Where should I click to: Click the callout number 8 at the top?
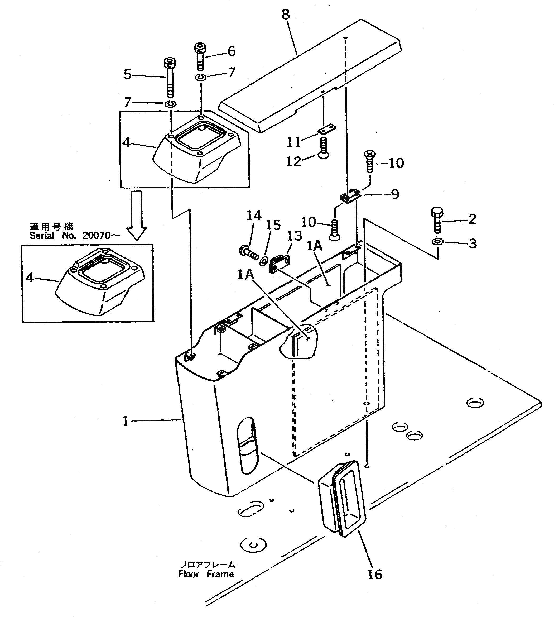pos(286,15)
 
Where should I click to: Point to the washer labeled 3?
pos(437,242)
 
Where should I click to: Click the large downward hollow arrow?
pos(136,215)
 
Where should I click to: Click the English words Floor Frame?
pos(206,574)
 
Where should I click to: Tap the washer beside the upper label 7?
pos(201,77)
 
